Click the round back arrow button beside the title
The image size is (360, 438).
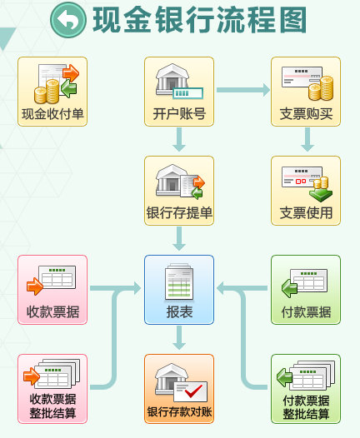tap(68, 19)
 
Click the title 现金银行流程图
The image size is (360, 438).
tap(199, 20)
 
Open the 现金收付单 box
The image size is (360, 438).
tap(52, 92)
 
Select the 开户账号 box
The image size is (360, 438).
tap(179, 92)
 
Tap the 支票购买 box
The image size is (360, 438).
tap(306, 92)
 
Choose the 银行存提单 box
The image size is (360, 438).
tap(179, 191)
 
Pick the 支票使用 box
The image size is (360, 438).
tap(306, 191)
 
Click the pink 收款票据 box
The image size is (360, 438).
tap(52, 290)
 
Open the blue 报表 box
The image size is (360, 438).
tap(179, 290)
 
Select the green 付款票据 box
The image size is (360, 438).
tap(306, 290)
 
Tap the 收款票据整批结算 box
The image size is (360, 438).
tap(52, 389)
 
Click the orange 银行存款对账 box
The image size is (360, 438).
tap(179, 389)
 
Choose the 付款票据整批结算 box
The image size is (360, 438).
tap(306, 389)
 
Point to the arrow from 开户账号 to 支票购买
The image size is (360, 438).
tap(243, 90)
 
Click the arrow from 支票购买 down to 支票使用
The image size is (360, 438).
tap(307, 140)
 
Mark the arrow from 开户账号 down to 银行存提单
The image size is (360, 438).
tap(179, 140)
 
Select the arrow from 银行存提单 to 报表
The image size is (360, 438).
tap(179, 239)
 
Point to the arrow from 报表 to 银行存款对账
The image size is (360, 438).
tap(179, 338)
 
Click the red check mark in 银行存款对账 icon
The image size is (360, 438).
tap(193, 391)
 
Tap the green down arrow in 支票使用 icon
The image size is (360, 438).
tap(321, 195)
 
